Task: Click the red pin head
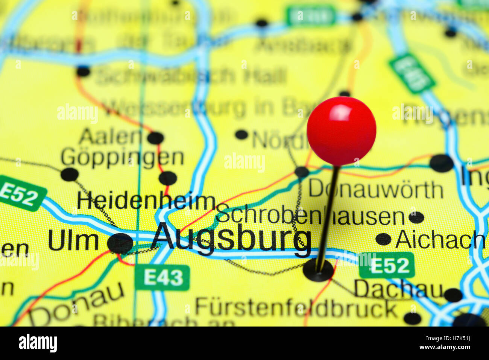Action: [341, 131]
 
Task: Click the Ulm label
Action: [73, 241]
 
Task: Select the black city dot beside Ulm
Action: [120, 243]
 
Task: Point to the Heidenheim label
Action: [146, 201]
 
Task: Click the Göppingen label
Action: [122, 157]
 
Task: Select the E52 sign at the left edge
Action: [21, 194]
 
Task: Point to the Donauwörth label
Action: [376, 189]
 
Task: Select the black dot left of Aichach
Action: [383, 239]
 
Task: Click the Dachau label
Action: [398, 289]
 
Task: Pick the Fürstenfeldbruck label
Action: [296, 308]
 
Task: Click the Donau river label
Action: [77, 305]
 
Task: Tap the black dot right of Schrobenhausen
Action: [416, 217]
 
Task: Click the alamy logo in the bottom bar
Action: [38, 343]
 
